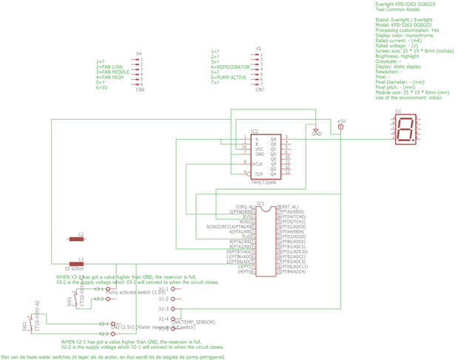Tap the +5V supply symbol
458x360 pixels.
click(x=341, y=121)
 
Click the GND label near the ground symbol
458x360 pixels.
click(x=317, y=135)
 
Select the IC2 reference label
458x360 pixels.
click(x=255, y=131)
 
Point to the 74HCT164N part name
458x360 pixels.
click(x=263, y=182)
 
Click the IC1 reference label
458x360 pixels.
click(x=260, y=202)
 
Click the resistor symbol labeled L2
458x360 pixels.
click(x=76, y=240)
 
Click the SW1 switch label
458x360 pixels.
click(x=70, y=302)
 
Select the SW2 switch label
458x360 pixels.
click(x=24, y=325)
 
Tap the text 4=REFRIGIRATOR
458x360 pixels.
click(x=232, y=67)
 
